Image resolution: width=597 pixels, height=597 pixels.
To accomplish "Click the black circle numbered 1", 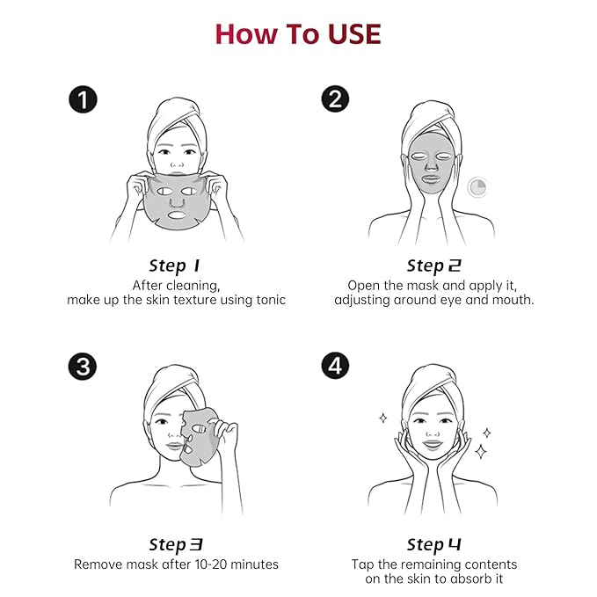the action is tap(83, 99).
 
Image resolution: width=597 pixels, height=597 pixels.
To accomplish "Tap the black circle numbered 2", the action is tap(335, 99).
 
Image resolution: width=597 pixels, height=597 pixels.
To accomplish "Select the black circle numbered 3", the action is tap(83, 367).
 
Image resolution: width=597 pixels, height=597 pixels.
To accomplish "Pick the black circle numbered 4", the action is tap(335, 366).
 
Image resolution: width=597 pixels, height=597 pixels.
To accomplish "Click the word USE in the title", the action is tap(354, 34).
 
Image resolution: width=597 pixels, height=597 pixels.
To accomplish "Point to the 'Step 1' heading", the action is tap(174, 266).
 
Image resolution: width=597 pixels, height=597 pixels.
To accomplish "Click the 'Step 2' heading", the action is tap(433, 266).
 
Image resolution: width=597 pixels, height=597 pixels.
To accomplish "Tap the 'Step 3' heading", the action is tap(176, 544).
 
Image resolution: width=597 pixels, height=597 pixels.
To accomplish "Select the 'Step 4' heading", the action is tap(433, 544).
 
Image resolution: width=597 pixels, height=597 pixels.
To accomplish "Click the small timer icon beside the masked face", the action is tap(477, 187).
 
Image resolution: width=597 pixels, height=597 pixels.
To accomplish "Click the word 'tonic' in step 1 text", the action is tap(271, 300).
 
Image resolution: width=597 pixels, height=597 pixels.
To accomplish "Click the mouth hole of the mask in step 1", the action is tap(177, 215).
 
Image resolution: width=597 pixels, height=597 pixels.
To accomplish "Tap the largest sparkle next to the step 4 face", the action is tap(481, 452).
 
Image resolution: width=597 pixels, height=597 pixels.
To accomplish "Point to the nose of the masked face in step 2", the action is tap(431, 164).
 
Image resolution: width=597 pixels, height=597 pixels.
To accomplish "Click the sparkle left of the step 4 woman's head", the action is tap(383, 418).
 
